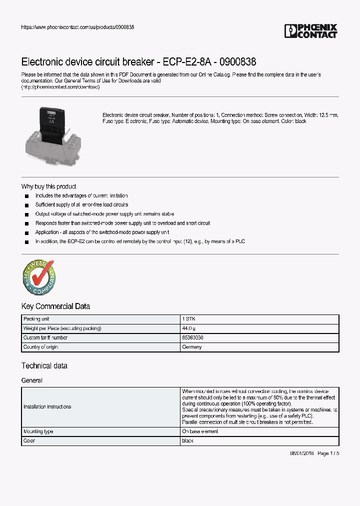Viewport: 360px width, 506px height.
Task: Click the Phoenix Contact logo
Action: [311, 31]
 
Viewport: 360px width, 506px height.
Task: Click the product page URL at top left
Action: [77, 27]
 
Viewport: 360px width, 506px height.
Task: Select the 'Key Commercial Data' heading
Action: [55, 306]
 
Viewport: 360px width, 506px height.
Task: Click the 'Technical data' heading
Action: [44, 365]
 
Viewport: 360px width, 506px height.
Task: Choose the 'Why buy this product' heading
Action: [48, 186]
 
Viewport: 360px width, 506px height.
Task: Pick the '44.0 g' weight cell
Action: [189, 328]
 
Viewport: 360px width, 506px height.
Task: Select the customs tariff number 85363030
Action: [192, 337]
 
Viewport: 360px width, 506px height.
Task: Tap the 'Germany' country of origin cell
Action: [192, 347]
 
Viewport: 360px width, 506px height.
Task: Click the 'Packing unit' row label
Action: [36, 319]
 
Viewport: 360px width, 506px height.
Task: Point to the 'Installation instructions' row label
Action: [47, 406]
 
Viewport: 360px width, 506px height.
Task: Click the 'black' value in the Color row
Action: [187, 441]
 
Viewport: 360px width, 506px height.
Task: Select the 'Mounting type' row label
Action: [38, 431]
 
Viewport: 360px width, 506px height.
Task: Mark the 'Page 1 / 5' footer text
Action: [328, 453]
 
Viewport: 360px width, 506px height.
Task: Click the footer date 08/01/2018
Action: [302, 453]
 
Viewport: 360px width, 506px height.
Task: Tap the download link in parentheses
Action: [60, 87]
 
